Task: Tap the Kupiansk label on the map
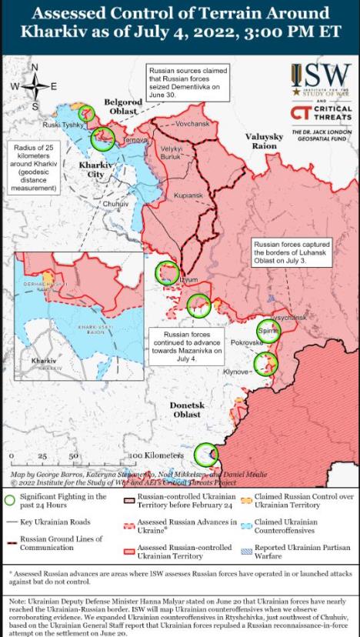point(187,195)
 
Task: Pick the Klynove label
point(238,372)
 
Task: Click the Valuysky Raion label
point(265,141)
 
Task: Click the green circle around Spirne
point(268,331)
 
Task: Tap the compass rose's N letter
point(34,67)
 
